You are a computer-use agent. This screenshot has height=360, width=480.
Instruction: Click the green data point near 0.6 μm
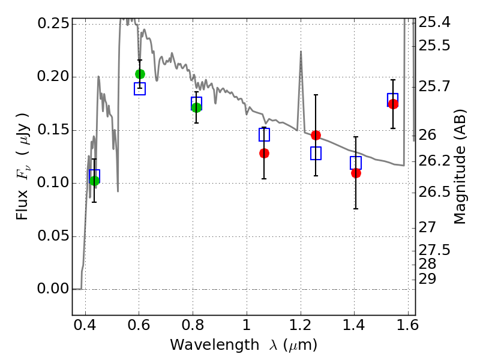click(x=140, y=74)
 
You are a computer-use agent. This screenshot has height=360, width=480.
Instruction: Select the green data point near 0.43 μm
click(x=94, y=181)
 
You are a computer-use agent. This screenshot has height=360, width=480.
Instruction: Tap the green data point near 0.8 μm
click(x=196, y=107)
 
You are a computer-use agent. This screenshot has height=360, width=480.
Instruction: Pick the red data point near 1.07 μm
click(x=264, y=153)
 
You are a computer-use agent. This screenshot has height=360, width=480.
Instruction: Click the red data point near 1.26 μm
click(x=316, y=135)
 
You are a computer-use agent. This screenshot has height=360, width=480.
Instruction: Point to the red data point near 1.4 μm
click(x=356, y=173)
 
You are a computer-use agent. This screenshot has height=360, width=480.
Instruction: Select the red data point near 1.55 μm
click(x=393, y=104)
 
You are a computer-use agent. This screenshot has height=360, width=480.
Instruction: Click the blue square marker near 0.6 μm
click(x=140, y=89)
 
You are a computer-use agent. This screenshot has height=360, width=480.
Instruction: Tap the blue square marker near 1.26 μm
click(x=316, y=153)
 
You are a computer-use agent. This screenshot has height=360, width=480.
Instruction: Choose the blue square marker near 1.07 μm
click(x=264, y=134)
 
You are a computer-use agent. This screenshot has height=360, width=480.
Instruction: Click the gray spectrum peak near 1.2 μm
click(x=301, y=52)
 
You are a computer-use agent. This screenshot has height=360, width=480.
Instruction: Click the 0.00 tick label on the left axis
click(x=53, y=289)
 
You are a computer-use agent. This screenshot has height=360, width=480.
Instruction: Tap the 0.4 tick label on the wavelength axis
click(x=85, y=327)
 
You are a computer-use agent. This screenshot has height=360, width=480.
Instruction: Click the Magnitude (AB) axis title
click(x=460, y=167)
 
